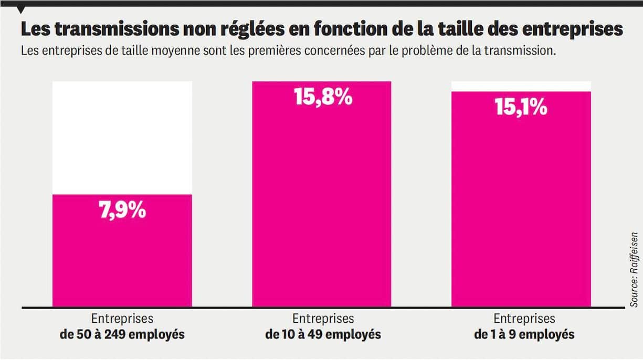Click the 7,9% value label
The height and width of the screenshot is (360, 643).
coord(122,211)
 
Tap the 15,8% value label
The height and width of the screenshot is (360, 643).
coord(323,98)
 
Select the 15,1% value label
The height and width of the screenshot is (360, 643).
coord(521,108)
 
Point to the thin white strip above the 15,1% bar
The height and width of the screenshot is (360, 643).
coord(521,86)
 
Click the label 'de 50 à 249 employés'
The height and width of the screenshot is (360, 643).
coord(122,334)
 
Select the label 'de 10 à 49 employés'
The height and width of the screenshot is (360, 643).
coord(323,334)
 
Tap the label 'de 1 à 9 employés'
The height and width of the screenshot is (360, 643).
coord(524,334)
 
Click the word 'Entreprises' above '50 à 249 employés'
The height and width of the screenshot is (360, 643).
coord(122,319)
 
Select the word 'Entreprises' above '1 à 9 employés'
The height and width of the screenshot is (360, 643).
coord(524,319)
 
